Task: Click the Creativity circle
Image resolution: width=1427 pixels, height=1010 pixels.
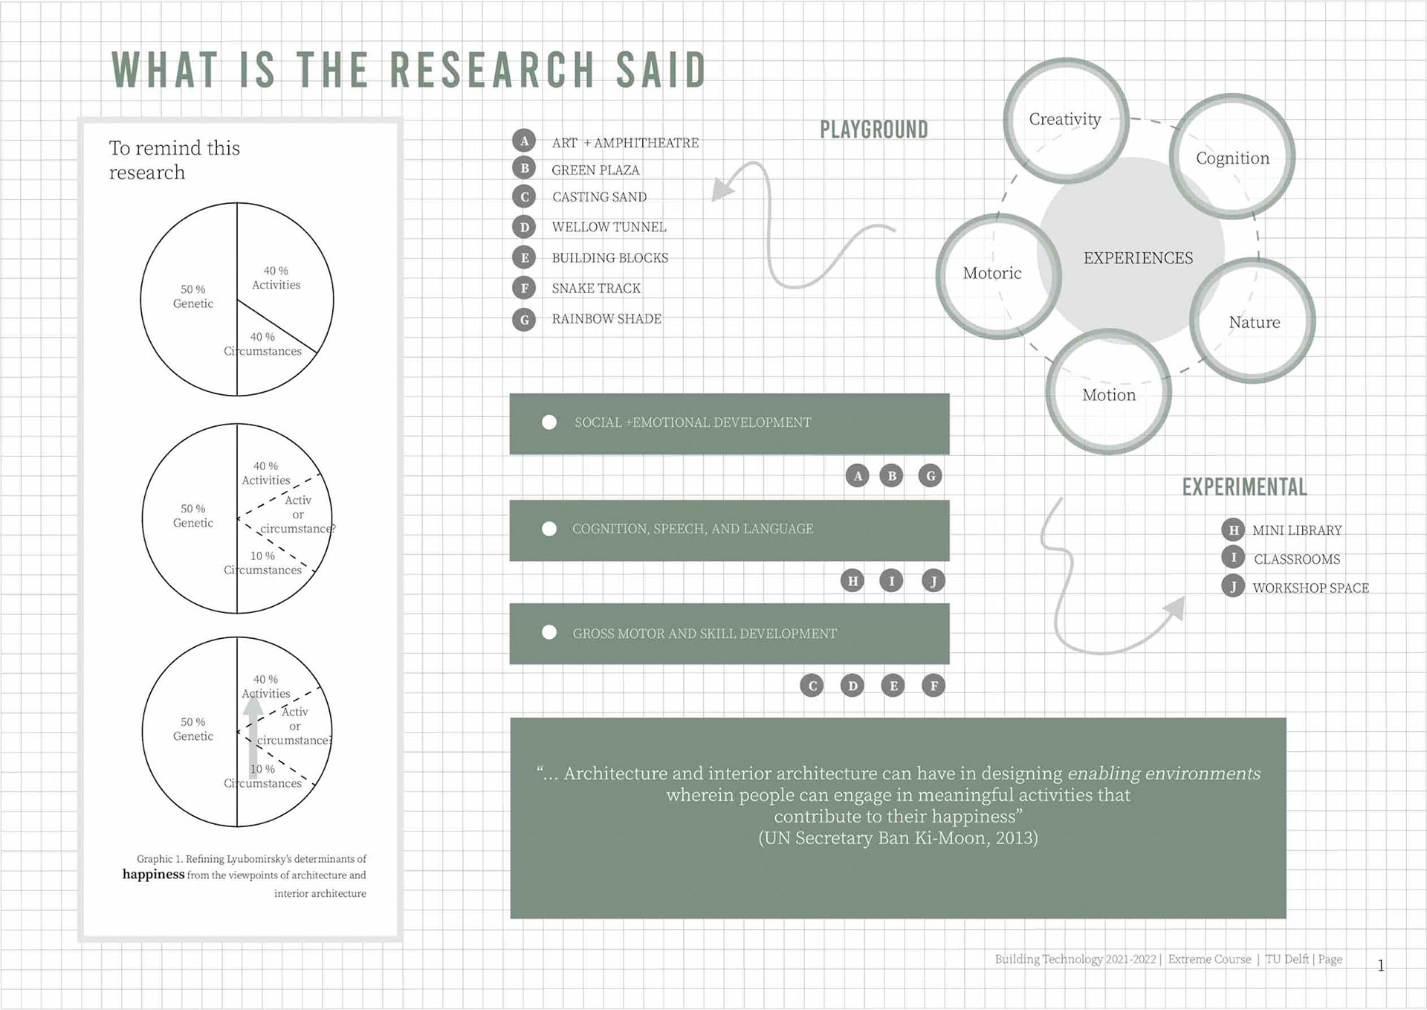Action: coord(1066,120)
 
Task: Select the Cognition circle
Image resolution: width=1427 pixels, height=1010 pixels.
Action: coord(1232,158)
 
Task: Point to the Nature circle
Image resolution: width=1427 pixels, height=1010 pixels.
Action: coord(1254,321)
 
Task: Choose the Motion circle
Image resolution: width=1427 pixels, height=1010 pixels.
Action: coord(1108,393)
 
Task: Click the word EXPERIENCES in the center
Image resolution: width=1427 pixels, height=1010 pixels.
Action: coord(1138,258)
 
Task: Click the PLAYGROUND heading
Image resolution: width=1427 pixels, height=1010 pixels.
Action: coord(874,129)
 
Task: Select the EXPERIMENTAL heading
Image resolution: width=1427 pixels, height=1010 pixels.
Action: coord(1244,487)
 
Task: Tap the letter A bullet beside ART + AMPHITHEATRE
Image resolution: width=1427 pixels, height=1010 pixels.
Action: coord(524,141)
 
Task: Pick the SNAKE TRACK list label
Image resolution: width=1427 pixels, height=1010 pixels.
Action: coord(596,289)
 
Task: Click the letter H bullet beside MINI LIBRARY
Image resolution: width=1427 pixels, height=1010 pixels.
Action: coord(1233,530)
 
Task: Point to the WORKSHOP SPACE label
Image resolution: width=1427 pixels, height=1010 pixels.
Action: coord(1310,588)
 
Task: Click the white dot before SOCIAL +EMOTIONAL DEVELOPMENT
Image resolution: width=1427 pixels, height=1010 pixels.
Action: coord(549,422)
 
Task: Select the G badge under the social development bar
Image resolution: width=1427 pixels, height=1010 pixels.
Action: coord(930,476)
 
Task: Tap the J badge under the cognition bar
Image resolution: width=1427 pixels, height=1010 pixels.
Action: coord(933,580)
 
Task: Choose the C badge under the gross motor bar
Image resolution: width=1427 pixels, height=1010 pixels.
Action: coord(812,686)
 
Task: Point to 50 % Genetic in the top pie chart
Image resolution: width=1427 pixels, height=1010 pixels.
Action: coord(193,296)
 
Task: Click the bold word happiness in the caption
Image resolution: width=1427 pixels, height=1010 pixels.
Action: coord(154,875)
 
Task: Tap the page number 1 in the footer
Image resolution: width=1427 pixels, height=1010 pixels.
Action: coord(1381,965)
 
